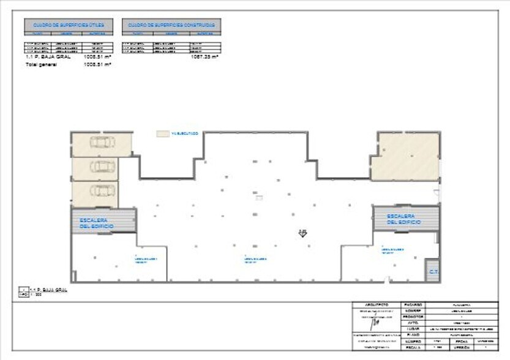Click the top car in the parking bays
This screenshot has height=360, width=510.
click(x=102, y=143)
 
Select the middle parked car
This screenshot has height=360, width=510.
click(x=102, y=167)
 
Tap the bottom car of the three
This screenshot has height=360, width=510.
click(x=102, y=191)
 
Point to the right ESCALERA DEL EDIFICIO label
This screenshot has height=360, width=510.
click(x=403, y=219)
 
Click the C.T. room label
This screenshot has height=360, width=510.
click(x=432, y=271)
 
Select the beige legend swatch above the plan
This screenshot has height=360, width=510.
click(x=162, y=133)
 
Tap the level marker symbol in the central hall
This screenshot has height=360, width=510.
click(x=302, y=233)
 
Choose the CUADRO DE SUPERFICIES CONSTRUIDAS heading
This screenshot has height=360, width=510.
click(x=171, y=26)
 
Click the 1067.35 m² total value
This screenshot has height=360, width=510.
click(x=204, y=57)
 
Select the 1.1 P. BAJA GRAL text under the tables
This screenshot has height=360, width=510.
click(x=48, y=57)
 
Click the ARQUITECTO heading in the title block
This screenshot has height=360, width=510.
click(x=377, y=304)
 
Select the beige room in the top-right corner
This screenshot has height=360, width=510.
click(x=408, y=157)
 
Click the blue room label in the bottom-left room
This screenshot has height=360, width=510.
click(x=146, y=260)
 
